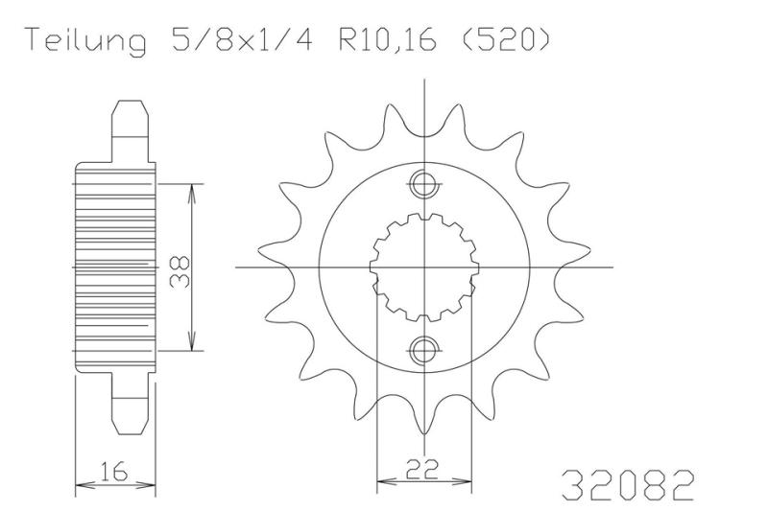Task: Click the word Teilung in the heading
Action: [85, 42]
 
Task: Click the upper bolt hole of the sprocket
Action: [423, 184]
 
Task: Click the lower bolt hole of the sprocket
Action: [423, 348]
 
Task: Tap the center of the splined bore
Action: [423, 266]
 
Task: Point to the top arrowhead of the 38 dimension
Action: [193, 190]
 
